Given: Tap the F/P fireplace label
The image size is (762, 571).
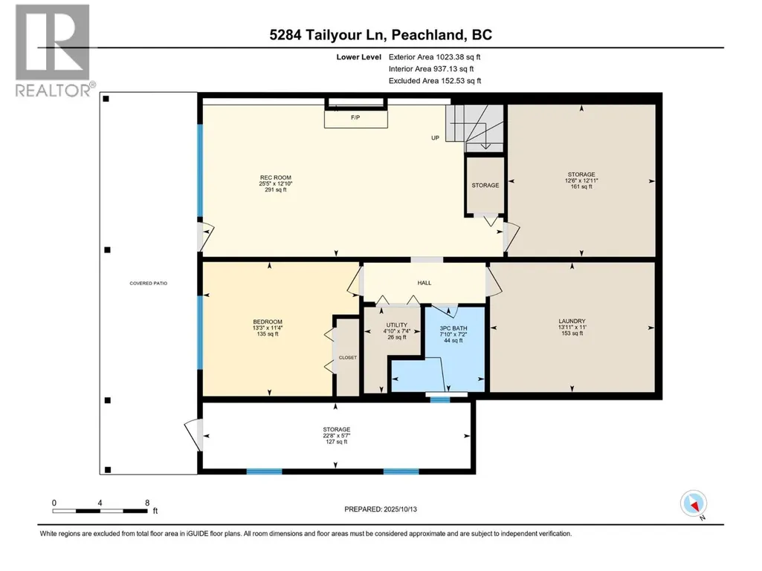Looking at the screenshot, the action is pos(355,117).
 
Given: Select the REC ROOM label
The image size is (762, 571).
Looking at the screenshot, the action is pos(276,183).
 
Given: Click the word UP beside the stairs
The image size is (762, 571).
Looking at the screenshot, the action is pos(435,138).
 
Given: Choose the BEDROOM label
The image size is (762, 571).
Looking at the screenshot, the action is pos(268,327).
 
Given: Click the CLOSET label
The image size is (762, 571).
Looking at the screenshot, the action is pos(347,357).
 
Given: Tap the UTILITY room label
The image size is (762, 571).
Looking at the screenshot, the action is pos(396,331).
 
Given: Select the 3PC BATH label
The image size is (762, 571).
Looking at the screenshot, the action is pos(453,335).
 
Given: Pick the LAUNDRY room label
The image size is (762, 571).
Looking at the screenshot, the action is pos(572,327).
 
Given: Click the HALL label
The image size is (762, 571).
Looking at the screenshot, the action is pos(424,283).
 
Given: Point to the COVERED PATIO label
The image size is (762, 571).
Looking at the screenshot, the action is pos(148,283).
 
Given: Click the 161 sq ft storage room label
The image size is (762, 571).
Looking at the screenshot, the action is pos(581,180).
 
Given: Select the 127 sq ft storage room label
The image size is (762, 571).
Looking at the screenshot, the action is pos(336,436).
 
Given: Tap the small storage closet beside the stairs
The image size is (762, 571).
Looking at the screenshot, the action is pos(485,185).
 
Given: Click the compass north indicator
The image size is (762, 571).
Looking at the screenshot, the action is pos(694,504).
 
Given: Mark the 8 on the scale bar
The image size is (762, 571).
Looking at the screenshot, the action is pos(147,503).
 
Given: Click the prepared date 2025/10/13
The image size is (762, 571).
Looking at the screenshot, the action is pos(401,509).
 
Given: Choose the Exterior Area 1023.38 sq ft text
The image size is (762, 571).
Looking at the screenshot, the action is pos(434,57).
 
